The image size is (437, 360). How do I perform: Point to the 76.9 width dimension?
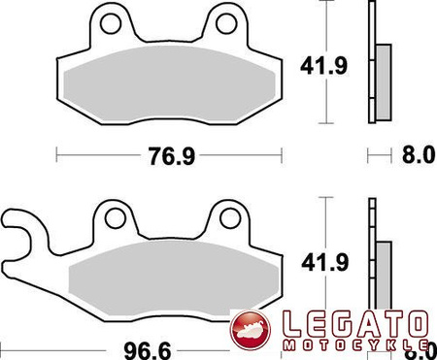coord(169,152)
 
